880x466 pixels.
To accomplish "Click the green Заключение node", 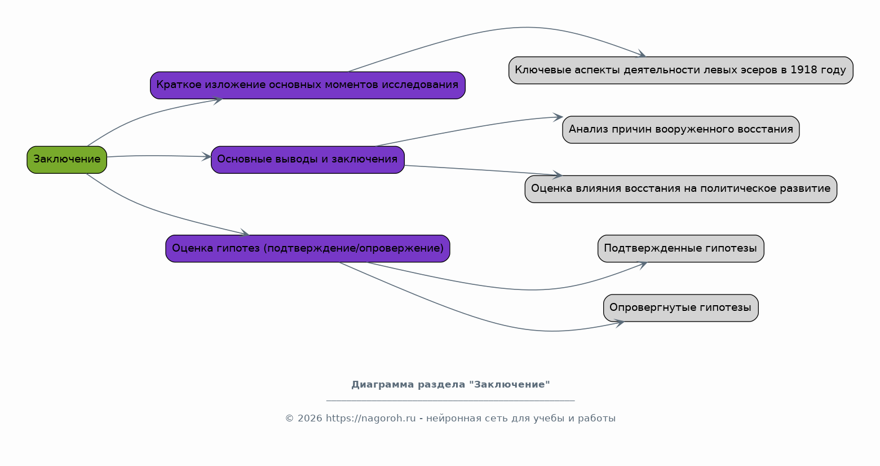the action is point(67,160).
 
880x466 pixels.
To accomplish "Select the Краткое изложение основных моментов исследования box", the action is point(308,85).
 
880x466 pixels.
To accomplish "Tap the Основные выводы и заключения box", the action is point(308,160).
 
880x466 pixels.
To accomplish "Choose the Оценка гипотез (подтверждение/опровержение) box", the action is point(308,249).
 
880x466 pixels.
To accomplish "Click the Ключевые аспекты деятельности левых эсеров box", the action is point(681,71).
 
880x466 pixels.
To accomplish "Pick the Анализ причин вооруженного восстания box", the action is point(681,130).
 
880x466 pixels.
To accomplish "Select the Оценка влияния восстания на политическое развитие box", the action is point(681,189).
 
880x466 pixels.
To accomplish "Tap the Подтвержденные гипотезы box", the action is point(681,249).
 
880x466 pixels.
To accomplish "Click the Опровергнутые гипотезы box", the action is point(681,308).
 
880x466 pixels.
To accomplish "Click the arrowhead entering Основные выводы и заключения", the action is point(207,156).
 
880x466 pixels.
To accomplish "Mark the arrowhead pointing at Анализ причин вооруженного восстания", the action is point(558,117).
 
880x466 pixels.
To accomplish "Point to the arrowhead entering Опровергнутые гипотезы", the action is point(619,323).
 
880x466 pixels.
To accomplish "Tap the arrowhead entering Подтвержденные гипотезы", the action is point(642,265).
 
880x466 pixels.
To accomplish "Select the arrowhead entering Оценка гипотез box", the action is point(244,233).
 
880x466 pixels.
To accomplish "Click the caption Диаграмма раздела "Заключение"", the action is point(450,385).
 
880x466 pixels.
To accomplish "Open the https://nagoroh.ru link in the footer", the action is point(370,419).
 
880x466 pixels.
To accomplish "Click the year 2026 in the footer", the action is point(310,419).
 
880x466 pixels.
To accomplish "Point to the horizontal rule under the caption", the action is point(450,401).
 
